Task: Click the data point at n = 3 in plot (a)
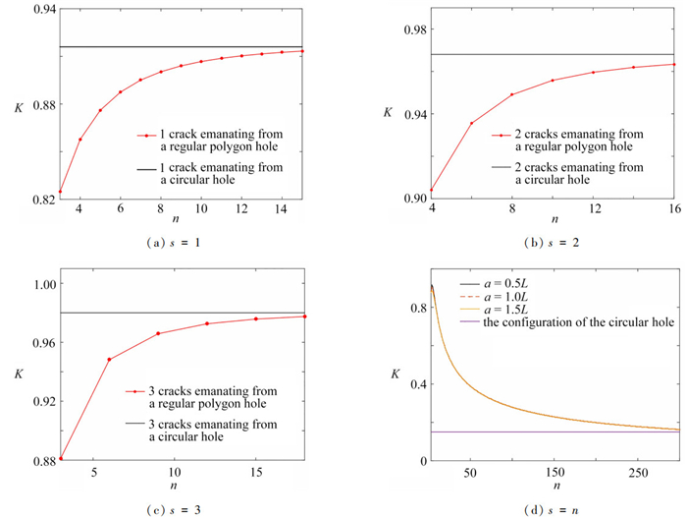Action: click(61, 192)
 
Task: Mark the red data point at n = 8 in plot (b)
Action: click(512, 94)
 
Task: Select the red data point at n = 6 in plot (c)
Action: click(109, 360)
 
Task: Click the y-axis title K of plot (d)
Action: click(396, 374)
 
